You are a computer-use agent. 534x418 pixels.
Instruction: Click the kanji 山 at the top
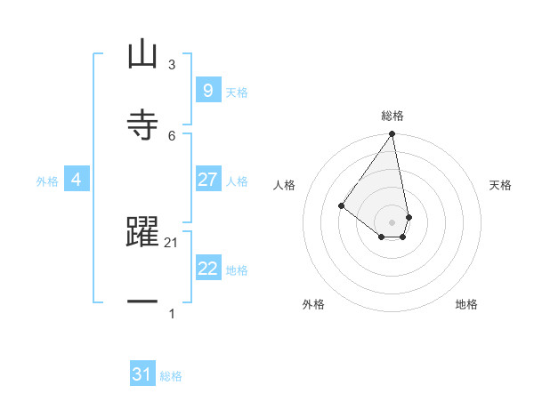142,54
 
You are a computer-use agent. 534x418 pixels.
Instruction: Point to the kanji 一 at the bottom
142,302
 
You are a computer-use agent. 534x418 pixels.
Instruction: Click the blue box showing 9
207,90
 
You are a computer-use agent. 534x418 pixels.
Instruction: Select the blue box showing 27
207,180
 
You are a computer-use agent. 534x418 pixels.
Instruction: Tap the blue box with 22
207,269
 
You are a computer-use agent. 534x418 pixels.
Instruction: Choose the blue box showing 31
142,374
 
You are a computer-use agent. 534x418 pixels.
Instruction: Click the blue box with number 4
76,180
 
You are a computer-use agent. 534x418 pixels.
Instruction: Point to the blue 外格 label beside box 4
47,181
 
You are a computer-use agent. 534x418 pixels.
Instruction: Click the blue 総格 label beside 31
171,375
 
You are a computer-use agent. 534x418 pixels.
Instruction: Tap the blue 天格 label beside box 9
237,92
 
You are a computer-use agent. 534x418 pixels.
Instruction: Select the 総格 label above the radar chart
392,116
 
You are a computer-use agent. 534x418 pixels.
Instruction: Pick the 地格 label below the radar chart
466,304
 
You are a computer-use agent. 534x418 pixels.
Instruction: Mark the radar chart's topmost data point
392,134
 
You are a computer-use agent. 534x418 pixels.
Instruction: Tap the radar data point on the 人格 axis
341,205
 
